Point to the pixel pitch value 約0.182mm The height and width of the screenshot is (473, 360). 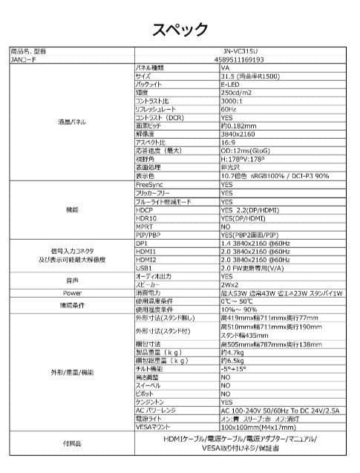(x=237, y=125)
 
